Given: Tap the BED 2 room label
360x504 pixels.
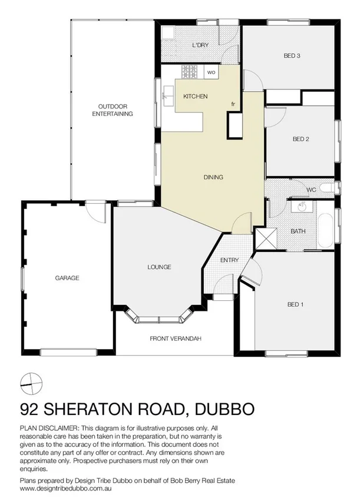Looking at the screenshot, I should click(x=300, y=139).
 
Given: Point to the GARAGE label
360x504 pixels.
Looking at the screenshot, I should click(x=67, y=278).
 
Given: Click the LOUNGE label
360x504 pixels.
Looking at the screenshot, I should click(x=159, y=267).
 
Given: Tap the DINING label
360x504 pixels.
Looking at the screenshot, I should click(x=213, y=177).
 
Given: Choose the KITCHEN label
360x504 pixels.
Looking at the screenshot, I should click(x=195, y=96).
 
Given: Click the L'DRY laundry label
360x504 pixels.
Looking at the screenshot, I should click(x=201, y=45).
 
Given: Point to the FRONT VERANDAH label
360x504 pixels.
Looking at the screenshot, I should click(x=176, y=339).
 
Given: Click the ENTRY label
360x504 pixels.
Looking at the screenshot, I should click(x=229, y=260).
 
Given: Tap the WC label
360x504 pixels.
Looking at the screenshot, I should click(x=312, y=190).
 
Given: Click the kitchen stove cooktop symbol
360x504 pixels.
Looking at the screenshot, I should click(x=190, y=72).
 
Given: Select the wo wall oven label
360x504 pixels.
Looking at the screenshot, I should click(x=211, y=72).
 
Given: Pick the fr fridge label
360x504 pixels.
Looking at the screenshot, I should click(x=233, y=104).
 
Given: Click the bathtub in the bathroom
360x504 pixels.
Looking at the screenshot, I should click(x=325, y=230).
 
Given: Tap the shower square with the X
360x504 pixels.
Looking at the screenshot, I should click(x=264, y=238).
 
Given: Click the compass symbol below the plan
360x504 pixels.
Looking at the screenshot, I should click(x=31, y=383).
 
